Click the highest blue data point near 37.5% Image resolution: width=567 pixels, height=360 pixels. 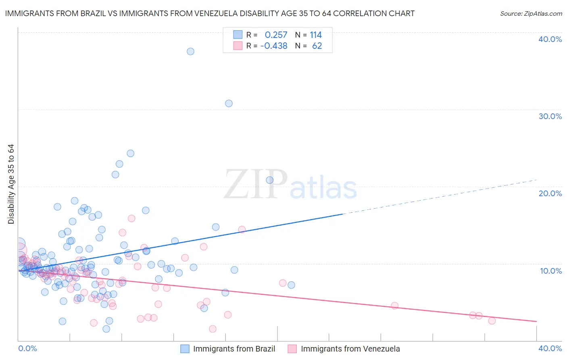click(x=190, y=51)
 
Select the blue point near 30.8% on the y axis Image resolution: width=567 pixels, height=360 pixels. click(x=229, y=103)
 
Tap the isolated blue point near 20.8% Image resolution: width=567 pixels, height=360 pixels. click(x=270, y=180)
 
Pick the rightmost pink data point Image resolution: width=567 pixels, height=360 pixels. click(x=492, y=321)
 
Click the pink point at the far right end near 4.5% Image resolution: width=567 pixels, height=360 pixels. click(x=394, y=306)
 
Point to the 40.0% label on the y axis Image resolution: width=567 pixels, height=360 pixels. click(x=550, y=39)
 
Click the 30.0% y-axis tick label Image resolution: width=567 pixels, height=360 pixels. click(x=550, y=116)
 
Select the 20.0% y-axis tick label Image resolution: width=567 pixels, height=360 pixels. click(x=550, y=193)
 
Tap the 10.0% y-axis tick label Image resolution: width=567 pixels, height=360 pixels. click(x=551, y=271)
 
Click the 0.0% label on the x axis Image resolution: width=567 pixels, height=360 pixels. click(x=27, y=348)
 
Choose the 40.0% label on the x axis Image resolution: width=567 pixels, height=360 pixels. click(x=550, y=348)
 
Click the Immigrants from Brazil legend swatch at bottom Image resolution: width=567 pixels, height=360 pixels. click(x=185, y=349)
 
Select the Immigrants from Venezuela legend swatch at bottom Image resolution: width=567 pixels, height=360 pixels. click(x=292, y=349)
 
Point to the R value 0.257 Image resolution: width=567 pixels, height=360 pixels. click(x=276, y=35)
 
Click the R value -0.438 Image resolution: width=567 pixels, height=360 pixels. click(x=274, y=46)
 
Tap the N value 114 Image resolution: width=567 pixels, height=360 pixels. click(x=316, y=35)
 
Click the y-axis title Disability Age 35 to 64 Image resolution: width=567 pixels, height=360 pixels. click(x=11, y=184)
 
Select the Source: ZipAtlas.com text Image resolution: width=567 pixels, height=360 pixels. click(x=531, y=14)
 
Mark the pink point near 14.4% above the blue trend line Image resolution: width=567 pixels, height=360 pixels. click(x=242, y=230)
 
